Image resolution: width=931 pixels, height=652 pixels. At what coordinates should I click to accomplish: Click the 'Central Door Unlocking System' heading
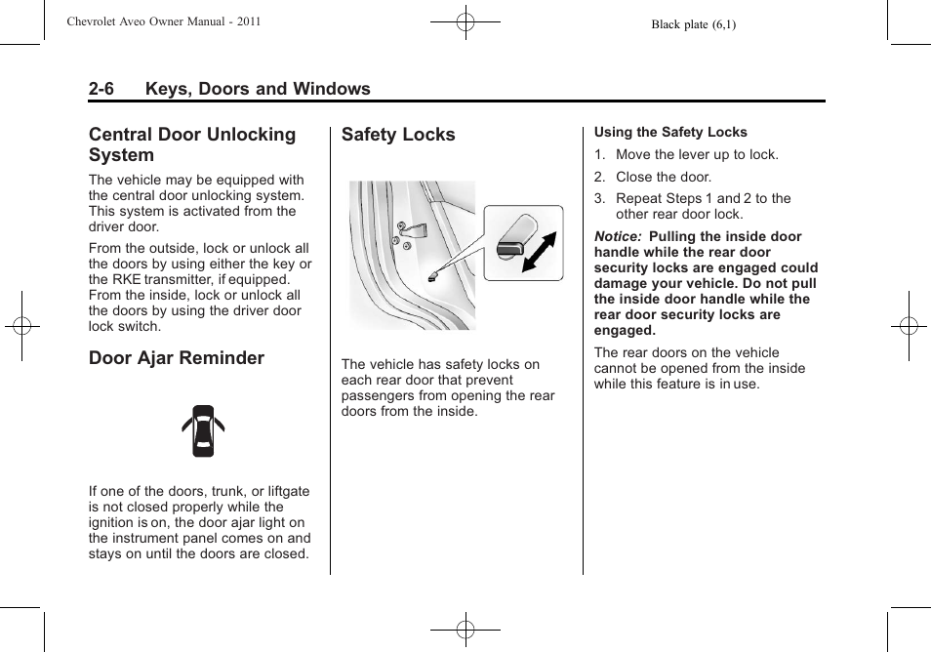click(x=192, y=144)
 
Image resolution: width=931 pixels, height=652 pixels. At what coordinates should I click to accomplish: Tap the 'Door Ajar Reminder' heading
click(x=177, y=358)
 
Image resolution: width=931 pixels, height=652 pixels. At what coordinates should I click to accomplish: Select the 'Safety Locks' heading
click(x=398, y=135)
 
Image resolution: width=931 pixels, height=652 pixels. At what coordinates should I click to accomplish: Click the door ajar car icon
click(x=203, y=430)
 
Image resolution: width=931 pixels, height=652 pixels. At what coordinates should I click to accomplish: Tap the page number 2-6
click(x=101, y=89)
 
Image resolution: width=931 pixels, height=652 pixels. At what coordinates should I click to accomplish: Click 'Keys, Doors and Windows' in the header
click(x=258, y=89)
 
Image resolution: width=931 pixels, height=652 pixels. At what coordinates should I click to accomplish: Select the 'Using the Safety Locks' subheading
click(x=670, y=133)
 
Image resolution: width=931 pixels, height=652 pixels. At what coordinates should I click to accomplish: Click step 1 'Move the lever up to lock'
click(x=697, y=154)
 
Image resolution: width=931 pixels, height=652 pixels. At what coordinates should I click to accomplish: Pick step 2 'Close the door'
click(x=664, y=177)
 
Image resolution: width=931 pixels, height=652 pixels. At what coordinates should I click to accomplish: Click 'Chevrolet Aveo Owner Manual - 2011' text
click(x=163, y=21)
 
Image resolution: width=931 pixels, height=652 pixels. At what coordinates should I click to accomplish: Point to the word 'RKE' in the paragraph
click(x=133, y=279)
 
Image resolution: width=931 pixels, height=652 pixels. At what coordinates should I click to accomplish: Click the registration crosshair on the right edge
click(x=908, y=326)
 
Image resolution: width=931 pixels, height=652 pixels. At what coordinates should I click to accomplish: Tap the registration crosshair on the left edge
click(x=21, y=326)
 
